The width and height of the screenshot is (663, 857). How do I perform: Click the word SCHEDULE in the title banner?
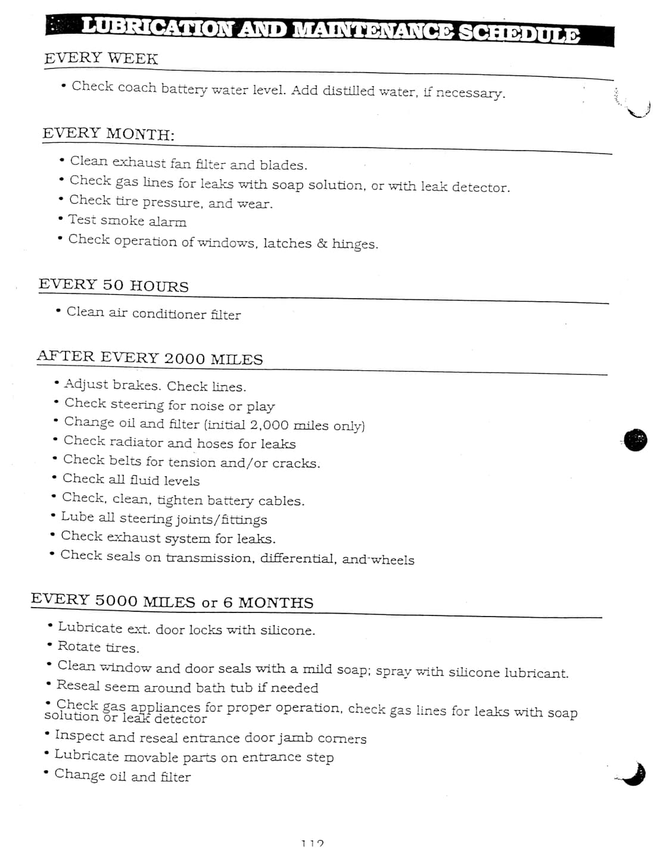[x=518, y=33]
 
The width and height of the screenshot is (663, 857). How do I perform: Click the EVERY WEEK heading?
[x=101, y=58]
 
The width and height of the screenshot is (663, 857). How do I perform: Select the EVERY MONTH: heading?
[x=108, y=133]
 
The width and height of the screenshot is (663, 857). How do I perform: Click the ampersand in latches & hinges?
[x=322, y=243]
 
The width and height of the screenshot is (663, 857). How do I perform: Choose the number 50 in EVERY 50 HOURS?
[x=113, y=284]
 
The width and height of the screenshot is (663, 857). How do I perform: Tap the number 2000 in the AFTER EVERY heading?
[x=184, y=358]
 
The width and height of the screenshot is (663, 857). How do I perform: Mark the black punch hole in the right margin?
[x=636, y=440]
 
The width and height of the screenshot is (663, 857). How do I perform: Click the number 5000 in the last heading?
[x=116, y=600]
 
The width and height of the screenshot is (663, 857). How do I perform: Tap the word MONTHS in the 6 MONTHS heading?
[x=276, y=602]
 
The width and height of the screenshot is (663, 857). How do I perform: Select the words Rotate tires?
[x=98, y=647]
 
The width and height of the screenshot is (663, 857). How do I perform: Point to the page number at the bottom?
[x=312, y=843]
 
